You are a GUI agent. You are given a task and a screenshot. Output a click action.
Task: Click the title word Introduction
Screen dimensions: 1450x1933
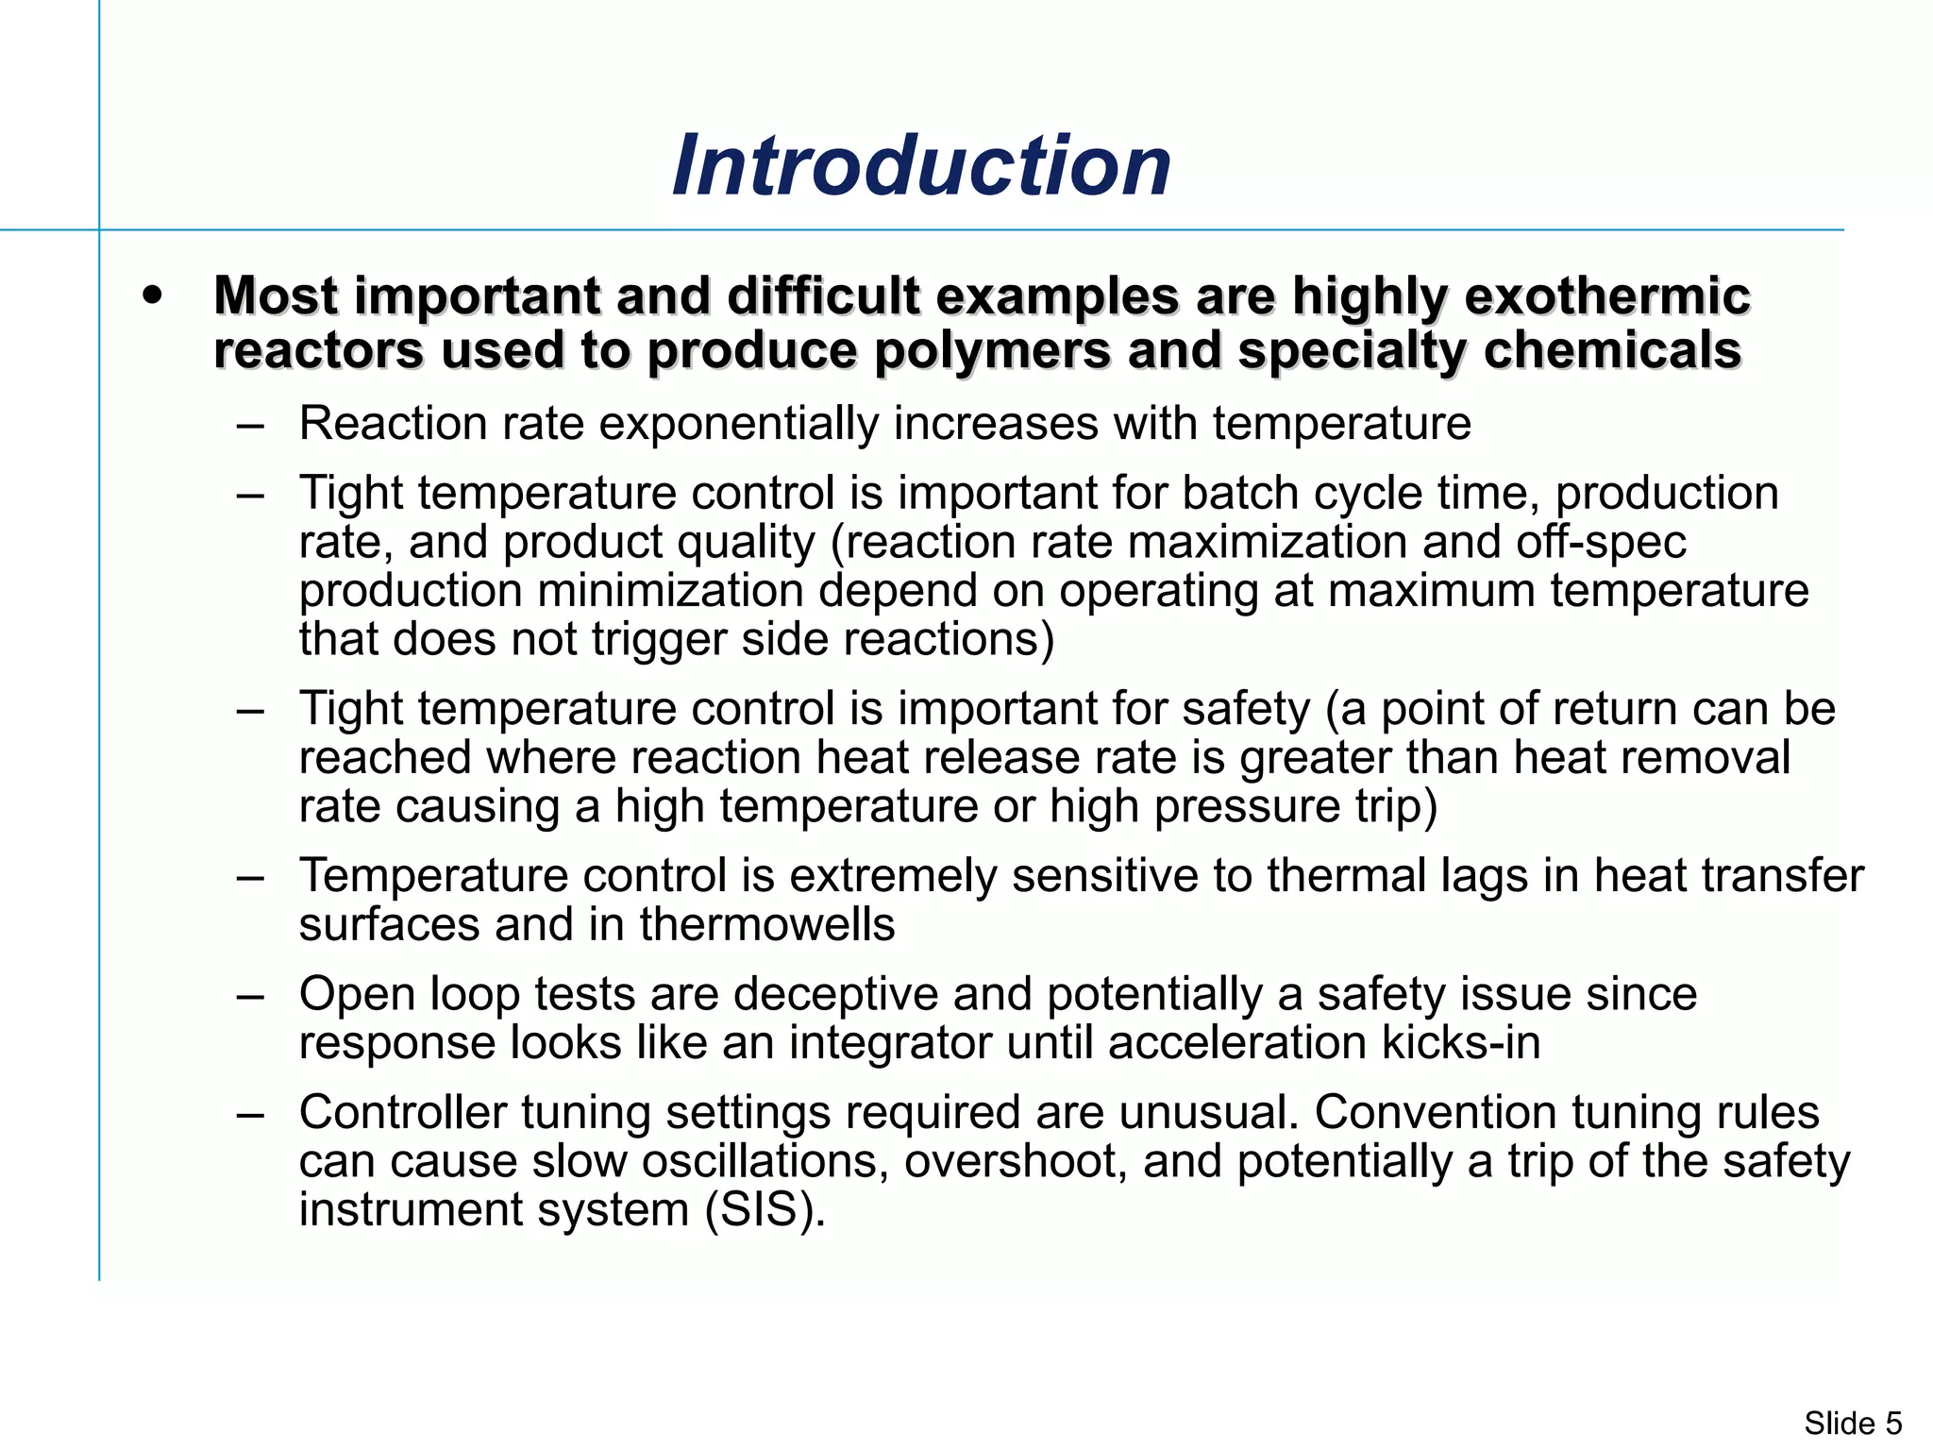(x=921, y=166)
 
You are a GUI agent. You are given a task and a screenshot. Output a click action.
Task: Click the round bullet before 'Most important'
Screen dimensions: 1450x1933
(x=152, y=295)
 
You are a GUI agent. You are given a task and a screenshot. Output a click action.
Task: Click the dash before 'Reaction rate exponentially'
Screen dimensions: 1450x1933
(x=250, y=424)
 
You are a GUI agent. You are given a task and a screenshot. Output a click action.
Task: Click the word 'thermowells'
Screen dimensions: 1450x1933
(x=766, y=924)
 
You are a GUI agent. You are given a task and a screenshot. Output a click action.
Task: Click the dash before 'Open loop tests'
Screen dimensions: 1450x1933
(x=250, y=994)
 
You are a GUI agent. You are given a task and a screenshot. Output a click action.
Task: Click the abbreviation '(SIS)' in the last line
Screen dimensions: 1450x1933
(x=765, y=1210)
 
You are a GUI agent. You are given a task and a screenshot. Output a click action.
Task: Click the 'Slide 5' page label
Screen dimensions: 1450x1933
(x=1853, y=1423)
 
